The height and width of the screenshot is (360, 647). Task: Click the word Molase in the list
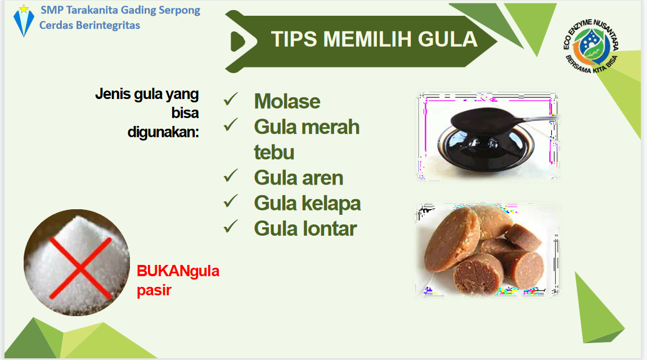pyautogui.click(x=287, y=101)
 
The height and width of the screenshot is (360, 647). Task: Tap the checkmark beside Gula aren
pyautogui.click(x=231, y=176)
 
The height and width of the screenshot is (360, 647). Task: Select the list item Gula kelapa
pyautogui.click(x=307, y=203)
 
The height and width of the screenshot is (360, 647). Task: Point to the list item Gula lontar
pyautogui.click(x=305, y=228)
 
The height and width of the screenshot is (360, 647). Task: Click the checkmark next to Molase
pyautogui.click(x=231, y=100)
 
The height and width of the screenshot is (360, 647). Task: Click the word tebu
pyautogui.click(x=274, y=152)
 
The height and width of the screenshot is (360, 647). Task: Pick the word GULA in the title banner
pyautogui.click(x=447, y=39)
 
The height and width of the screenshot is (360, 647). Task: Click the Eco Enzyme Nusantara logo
pyautogui.click(x=591, y=46)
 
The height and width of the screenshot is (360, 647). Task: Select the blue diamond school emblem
pyautogui.click(x=24, y=21)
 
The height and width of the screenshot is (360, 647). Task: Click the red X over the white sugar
pyautogui.click(x=80, y=268)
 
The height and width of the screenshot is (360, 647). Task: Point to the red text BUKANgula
pyautogui.click(x=178, y=271)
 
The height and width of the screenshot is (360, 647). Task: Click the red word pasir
pyautogui.click(x=154, y=290)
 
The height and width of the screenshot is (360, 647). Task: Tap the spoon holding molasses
pyautogui.click(x=504, y=120)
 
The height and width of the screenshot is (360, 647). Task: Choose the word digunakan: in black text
pyautogui.click(x=163, y=132)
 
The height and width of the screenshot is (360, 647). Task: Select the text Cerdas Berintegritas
pyautogui.click(x=89, y=25)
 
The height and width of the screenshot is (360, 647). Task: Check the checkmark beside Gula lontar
pyautogui.click(x=231, y=227)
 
